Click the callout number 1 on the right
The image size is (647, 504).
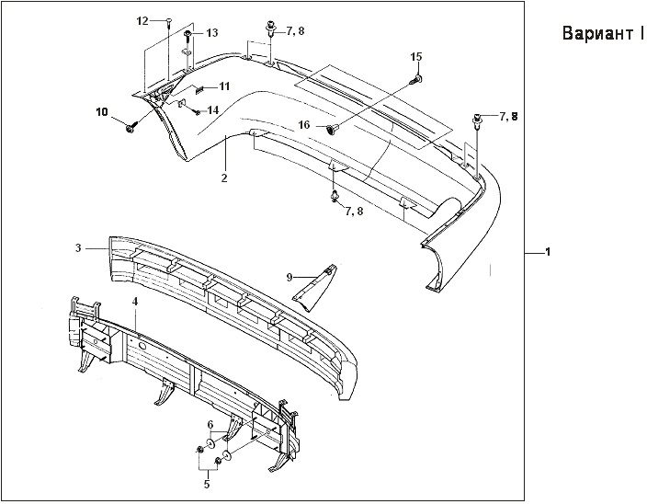click(x=549, y=251)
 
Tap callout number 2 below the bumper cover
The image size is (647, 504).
click(x=224, y=177)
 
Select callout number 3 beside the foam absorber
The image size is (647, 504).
click(x=79, y=247)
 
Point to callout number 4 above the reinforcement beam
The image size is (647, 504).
click(x=135, y=301)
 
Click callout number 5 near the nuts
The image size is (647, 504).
click(x=207, y=483)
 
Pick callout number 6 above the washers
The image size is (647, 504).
click(x=210, y=424)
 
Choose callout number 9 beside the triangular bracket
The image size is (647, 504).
click(x=289, y=276)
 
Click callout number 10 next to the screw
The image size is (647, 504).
click(x=101, y=112)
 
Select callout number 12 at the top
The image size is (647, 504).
click(x=142, y=20)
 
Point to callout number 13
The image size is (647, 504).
click(x=211, y=33)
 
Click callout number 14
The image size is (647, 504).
click(x=212, y=109)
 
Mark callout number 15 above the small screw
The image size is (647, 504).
click(x=415, y=57)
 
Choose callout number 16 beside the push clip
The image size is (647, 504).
click(x=304, y=124)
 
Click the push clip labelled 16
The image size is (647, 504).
click(x=333, y=127)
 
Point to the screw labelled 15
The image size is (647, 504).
click(x=415, y=80)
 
